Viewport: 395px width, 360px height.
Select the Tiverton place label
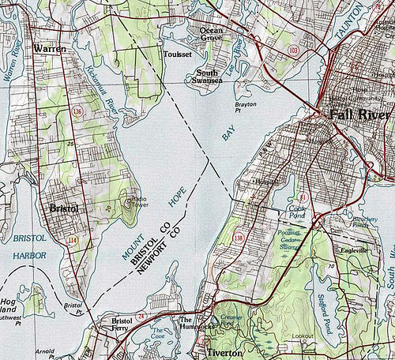tap(224, 353)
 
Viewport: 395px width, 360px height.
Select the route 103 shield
tap(293, 50)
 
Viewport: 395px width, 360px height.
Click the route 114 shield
tap(73, 239)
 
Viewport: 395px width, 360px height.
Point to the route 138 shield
tap(238, 236)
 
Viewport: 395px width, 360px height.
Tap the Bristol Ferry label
tap(123, 326)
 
